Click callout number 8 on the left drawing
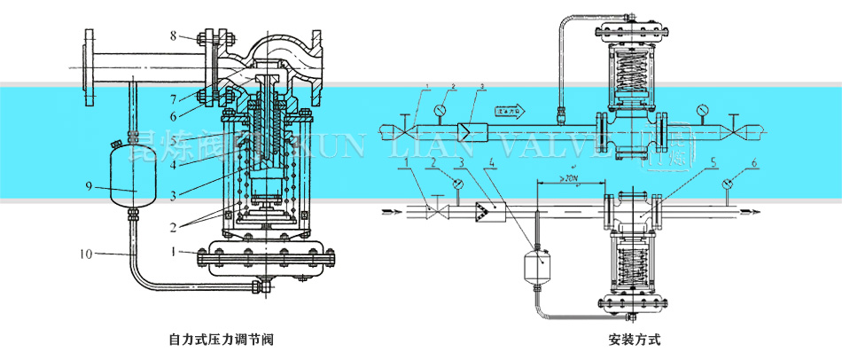pos(175,35)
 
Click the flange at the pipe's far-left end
pos(89,64)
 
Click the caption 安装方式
pos(635,339)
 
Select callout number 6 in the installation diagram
pos(753,164)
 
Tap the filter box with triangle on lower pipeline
pos(486,211)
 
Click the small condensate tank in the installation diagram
pos(534,264)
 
